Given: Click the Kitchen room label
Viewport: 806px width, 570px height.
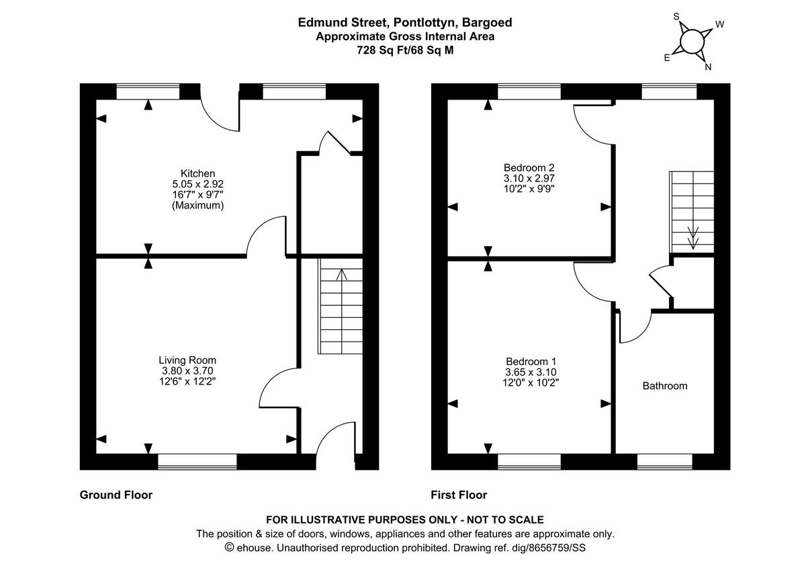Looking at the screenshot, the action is [x=197, y=173].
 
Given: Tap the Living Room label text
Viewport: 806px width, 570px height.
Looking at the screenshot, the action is [x=187, y=360].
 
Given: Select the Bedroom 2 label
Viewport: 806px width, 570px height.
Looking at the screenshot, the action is [x=529, y=167].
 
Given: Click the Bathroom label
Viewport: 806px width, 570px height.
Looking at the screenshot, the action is [x=665, y=386].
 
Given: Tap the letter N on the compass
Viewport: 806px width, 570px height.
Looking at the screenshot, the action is [x=708, y=67].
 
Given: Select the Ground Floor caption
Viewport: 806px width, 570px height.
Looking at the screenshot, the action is [x=116, y=495].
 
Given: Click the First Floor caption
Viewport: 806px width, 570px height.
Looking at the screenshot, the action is [x=459, y=495].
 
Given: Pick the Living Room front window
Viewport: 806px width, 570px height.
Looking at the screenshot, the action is [x=197, y=461].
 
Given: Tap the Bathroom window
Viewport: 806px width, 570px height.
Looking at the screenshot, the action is [x=664, y=461].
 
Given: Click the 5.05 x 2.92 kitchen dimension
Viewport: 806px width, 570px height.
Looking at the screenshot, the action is [x=197, y=184].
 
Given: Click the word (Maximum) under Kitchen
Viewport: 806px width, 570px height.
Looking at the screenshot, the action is [x=197, y=205].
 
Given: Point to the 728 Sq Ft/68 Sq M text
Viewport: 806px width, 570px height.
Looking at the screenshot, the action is [x=405, y=50].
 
